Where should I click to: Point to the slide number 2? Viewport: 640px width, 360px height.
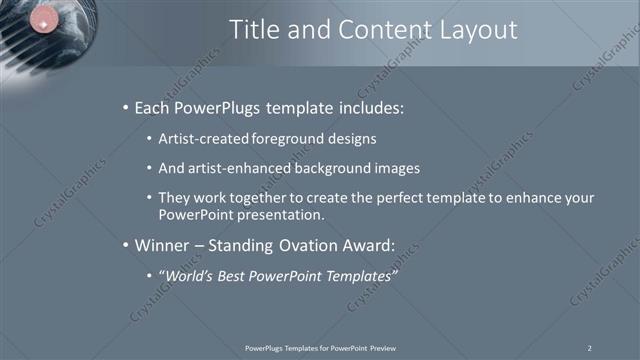(590, 347)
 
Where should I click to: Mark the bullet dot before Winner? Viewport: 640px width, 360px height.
(124, 245)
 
